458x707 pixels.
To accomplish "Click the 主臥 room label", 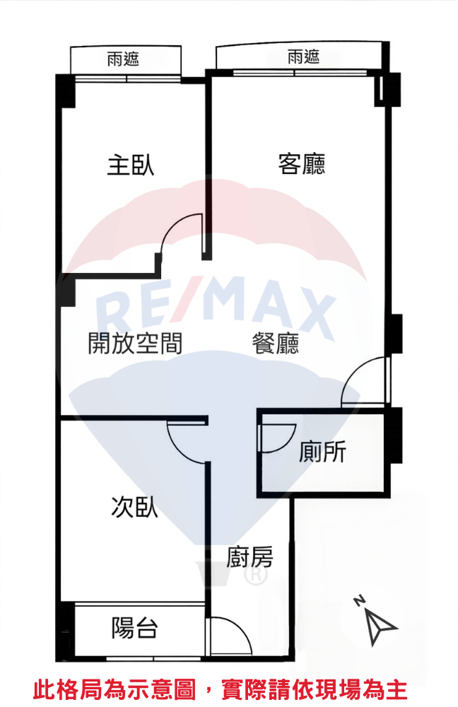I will click(x=131, y=165).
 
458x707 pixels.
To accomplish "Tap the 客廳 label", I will click(x=302, y=165).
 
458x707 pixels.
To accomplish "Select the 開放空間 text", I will click(x=135, y=343).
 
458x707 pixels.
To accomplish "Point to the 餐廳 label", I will click(x=276, y=343).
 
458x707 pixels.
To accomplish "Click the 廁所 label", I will click(x=322, y=451).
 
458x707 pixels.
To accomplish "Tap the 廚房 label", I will click(x=249, y=557).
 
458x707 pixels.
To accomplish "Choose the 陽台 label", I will click(x=134, y=627).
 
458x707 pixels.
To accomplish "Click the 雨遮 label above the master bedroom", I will click(x=123, y=59).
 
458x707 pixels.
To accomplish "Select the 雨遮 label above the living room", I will click(x=304, y=57).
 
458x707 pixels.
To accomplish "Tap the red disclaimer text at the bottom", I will click(x=221, y=690).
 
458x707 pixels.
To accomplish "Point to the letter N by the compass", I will click(x=360, y=601).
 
